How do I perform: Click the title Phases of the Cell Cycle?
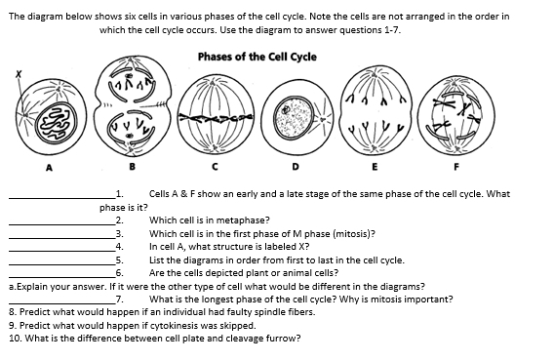pyautogui.click(x=257, y=57)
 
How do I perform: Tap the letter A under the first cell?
pyautogui.click(x=50, y=168)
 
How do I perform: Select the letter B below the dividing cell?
pyautogui.click(x=132, y=166)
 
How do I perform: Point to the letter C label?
pyautogui.click(x=215, y=166)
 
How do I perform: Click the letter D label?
pyautogui.click(x=296, y=166)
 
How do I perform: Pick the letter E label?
pyautogui.click(x=375, y=166)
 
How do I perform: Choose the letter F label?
pyautogui.click(x=456, y=166)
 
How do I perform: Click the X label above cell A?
pyautogui.click(x=19, y=74)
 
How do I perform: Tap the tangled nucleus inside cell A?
pyautogui.click(x=57, y=123)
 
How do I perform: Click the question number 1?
pyautogui.click(x=119, y=193)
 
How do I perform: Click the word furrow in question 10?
pyautogui.click(x=285, y=339)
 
